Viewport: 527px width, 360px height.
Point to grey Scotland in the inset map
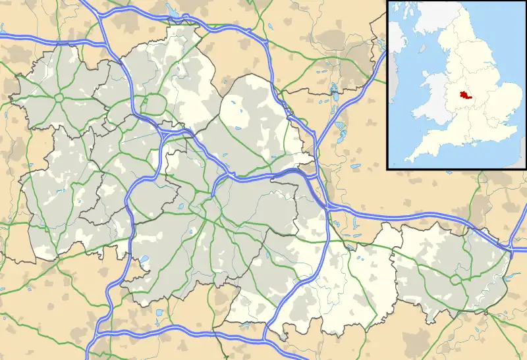click(x=422, y=13)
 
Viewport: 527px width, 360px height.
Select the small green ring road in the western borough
click(x=58, y=98)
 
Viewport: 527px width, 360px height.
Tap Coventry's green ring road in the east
click(x=454, y=279)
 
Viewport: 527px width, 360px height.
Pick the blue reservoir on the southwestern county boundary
click(x=144, y=261)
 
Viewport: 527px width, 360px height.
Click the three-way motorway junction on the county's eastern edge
click(x=327, y=206)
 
